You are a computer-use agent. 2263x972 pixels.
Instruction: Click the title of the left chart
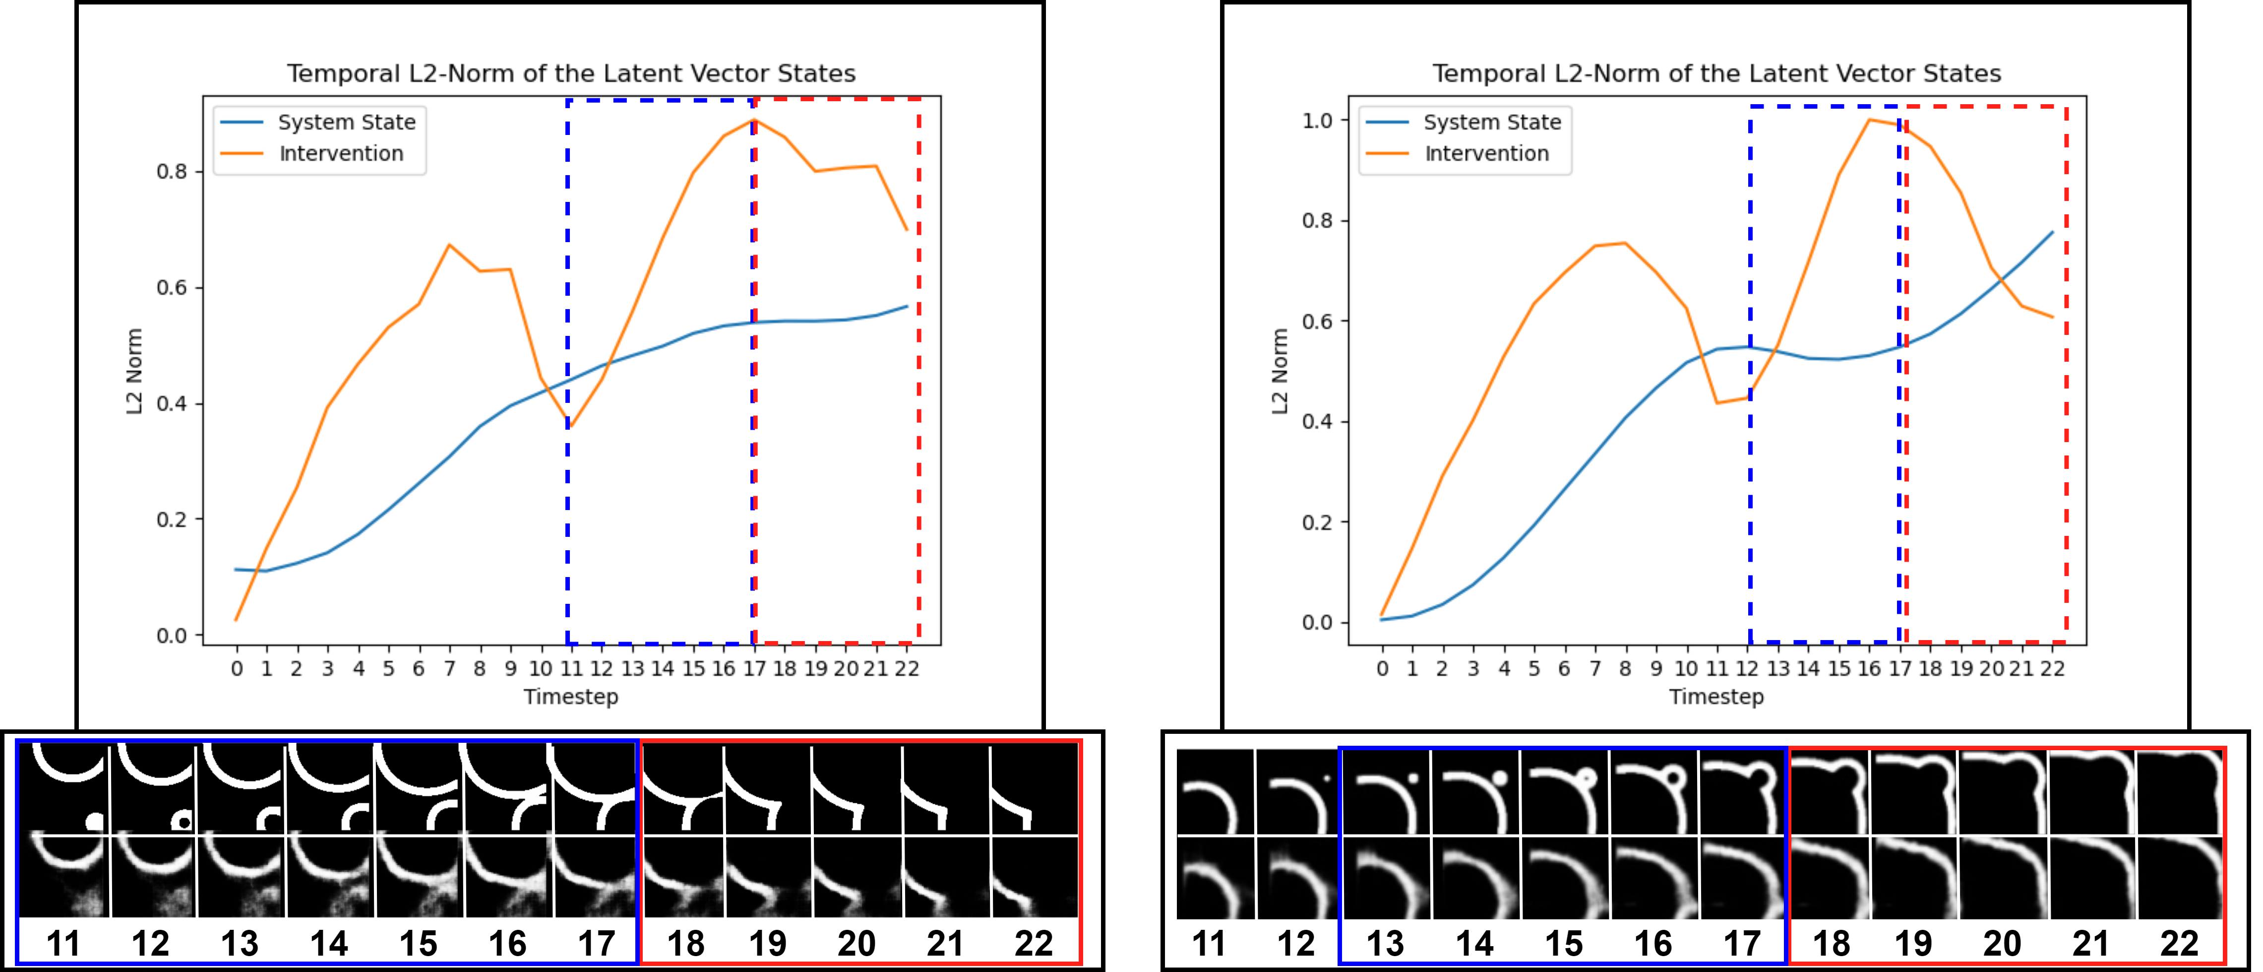tap(571, 74)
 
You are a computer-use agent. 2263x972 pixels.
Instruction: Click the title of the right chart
tap(1716, 74)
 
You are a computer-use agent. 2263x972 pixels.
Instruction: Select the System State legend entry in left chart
tap(346, 122)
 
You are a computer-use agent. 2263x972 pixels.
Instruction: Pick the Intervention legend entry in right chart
tap(1486, 154)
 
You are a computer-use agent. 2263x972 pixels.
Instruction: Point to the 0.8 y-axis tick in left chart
tap(172, 171)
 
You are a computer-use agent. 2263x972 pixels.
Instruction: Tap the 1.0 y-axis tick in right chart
tap(1318, 121)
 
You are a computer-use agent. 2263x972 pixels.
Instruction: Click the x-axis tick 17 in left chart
tap(754, 669)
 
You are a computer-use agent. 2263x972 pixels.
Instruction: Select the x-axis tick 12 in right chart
tap(1747, 669)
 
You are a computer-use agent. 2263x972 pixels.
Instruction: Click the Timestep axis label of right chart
tap(1715, 697)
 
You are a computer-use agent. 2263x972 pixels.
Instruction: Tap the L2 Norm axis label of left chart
tap(133, 371)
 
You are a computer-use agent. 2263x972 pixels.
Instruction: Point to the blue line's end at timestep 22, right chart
tap(2052, 232)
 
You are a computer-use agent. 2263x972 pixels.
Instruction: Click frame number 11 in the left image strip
tap(63, 944)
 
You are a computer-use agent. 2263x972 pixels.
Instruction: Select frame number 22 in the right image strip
tap(2179, 944)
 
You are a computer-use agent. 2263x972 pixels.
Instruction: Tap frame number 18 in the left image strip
tap(685, 944)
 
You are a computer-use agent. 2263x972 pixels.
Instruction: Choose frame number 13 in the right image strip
tap(1385, 944)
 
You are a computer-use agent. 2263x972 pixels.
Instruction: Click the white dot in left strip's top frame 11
tap(95, 822)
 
